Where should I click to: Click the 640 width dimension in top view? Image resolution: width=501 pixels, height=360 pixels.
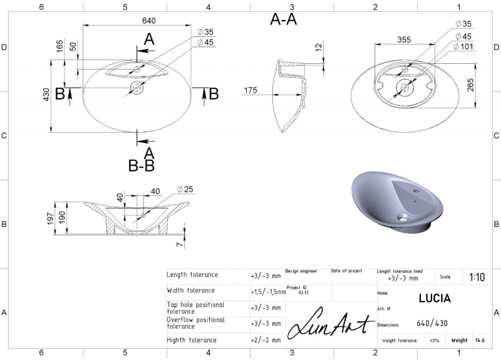point(149,21)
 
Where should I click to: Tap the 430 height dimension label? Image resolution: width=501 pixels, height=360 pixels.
point(46,95)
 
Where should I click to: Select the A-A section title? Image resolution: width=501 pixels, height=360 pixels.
point(284,19)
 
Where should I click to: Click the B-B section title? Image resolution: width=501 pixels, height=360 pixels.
point(142,166)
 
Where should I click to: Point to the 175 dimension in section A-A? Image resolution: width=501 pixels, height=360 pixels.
point(250,90)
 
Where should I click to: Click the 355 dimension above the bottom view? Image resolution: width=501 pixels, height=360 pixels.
point(404,39)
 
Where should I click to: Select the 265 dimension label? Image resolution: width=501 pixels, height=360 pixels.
point(471,85)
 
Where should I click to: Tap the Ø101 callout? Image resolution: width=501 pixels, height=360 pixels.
point(463,46)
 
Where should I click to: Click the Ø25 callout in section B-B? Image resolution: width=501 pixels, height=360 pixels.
point(185,190)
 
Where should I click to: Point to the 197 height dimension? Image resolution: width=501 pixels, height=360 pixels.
point(50,219)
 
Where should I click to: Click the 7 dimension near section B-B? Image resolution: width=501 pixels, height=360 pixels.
point(180,244)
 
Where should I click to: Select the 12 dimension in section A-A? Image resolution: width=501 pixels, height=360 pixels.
point(319,48)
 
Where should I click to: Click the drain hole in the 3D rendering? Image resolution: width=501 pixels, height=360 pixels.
point(403,218)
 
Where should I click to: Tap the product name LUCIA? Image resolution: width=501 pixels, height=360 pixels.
point(435,299)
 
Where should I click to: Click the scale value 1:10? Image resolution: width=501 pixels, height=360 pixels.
point(477,277)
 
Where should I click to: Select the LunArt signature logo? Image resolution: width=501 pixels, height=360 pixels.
point(331,323)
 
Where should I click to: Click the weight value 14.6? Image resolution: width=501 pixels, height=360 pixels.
point(480,340)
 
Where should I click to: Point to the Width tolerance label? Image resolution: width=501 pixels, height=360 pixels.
point(191,291)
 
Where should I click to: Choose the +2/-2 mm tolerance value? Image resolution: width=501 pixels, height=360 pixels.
point(266,340)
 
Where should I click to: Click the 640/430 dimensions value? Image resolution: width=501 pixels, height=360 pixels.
point(432,324)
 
